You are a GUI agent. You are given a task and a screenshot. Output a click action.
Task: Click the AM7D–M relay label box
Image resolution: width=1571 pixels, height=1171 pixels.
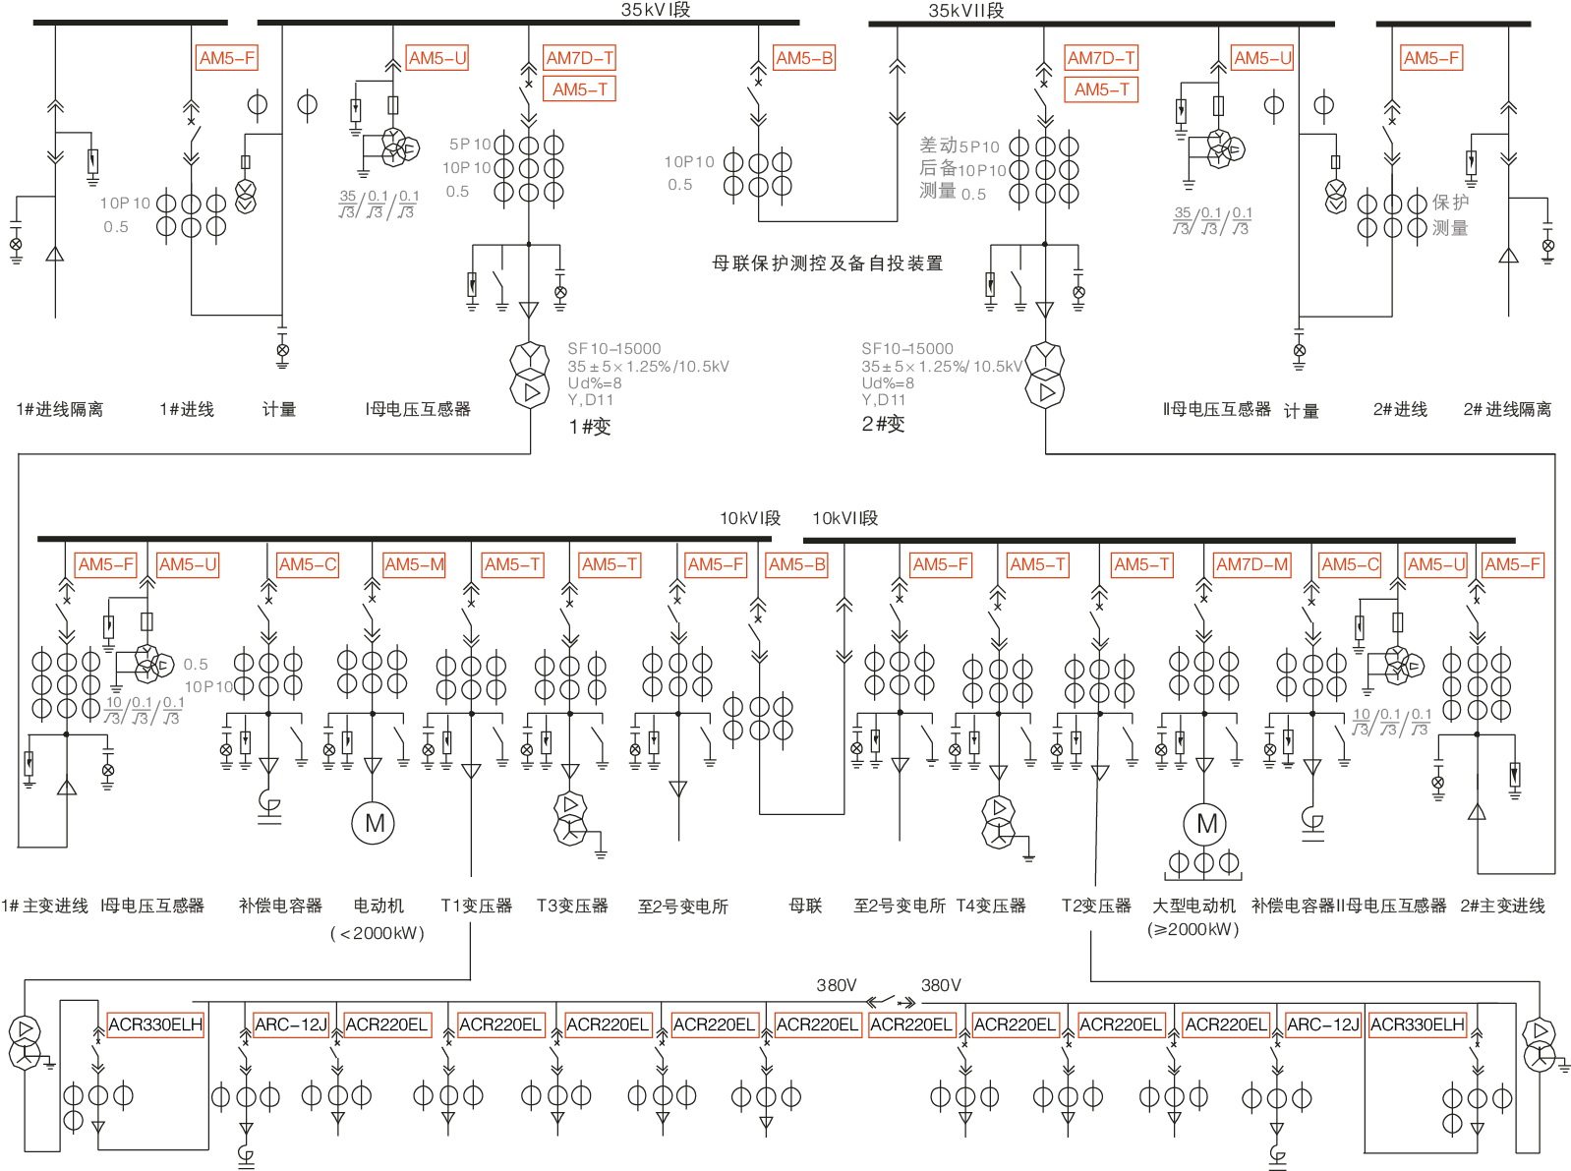click(x=1251, y=564)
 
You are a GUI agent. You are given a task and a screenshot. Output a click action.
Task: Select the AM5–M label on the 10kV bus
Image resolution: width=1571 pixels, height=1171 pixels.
click(x=414, y=564)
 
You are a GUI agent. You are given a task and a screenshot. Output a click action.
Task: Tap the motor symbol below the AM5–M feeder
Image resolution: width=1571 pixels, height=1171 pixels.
click(x=374, y=823)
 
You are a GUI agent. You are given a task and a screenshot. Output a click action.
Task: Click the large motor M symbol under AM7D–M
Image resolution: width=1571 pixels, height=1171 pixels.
click(x=1206, y=824)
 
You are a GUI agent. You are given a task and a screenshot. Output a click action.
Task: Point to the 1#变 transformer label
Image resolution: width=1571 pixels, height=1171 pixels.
click(x=590, y=427)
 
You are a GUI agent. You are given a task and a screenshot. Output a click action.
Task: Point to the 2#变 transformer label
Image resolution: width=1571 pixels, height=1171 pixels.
click(x=883, y=424)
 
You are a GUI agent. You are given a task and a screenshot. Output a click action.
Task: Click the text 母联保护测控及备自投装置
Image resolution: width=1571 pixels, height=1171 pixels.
click(x=827, y=263)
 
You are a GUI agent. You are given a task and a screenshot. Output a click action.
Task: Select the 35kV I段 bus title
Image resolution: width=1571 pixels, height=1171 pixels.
click(x=656, y=10)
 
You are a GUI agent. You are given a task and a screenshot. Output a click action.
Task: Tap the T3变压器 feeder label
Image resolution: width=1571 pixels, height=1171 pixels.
click(x=572, y=906)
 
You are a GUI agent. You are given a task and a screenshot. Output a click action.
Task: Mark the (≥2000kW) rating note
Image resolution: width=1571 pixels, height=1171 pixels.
click(x=1193, y=930)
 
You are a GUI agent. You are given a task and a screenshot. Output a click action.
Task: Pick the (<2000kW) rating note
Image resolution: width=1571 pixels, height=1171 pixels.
click(x=378, y=933)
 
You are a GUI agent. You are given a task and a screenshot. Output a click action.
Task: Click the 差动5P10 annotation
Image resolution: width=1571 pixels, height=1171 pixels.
click(x=959, y=146)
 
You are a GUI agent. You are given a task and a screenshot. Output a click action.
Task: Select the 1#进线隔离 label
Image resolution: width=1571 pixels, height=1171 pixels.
click(x=60, y=409)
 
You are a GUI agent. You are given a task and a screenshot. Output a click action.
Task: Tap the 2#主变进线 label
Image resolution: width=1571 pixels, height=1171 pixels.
click(x=1502, y=906)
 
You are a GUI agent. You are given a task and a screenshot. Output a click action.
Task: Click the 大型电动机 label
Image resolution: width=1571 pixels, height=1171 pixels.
click(x=1193, y=906)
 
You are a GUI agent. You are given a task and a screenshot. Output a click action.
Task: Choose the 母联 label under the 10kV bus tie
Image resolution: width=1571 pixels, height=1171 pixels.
click(x=805, y=906)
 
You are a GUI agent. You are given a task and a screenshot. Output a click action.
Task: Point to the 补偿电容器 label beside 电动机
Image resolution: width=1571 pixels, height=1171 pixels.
click(x=280, y=906)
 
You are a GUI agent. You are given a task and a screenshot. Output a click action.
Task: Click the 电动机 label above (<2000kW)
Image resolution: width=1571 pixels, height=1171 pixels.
click(x=378, y=906)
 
